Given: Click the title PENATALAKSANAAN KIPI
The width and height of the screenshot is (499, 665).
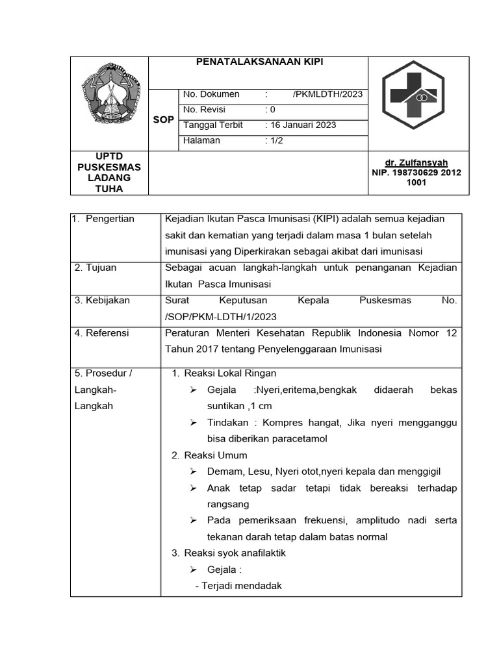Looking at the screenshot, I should click(x=259, y=62).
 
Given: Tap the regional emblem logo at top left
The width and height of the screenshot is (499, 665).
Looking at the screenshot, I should click(x=110, y=94).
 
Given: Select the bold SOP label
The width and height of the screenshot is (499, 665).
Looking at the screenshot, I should click(x=163, y=120).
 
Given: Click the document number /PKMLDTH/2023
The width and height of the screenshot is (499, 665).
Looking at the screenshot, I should click(x=327, y=94).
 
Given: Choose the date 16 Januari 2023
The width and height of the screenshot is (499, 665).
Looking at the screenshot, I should click(x=303, y=125).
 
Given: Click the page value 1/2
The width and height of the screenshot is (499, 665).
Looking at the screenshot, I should click(x=277, y=140).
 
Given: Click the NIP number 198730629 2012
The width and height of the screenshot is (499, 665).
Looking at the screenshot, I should click(x=416, y=173).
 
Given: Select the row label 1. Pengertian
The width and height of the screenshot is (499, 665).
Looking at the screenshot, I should click(x=105, y=219).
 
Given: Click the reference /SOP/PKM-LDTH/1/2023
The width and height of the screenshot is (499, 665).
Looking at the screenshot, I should click(x=222, y=316).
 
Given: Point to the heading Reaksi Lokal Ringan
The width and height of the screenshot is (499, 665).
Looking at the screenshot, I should click(x=230, y=373).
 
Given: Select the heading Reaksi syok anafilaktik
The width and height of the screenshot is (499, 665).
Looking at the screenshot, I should click(x=235, y=553).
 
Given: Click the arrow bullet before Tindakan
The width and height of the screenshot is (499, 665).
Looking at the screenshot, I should click(x=193, y=423).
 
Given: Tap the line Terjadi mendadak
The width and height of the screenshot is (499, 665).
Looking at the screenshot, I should click(x=238, y=585).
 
